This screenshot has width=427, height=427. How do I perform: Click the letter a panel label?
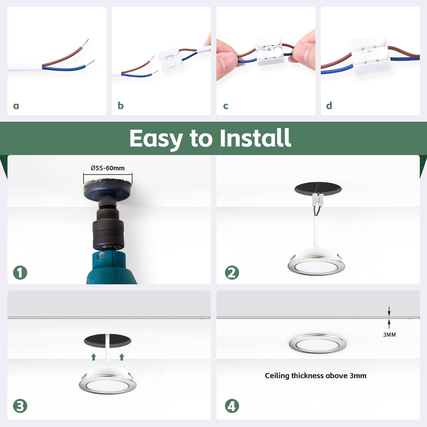coord(16,106)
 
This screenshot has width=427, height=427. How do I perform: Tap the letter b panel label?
coord(121,105)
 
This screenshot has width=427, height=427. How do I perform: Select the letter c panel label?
coord(226,106)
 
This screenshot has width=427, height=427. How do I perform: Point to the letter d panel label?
coord(329,105)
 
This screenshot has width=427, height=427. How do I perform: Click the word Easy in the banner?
coord(156,139)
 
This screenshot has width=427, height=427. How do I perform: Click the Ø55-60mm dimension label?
coord(108,168)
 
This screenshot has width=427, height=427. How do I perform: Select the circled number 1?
coord(20,272)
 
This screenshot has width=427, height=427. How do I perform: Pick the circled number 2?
coord(232,272)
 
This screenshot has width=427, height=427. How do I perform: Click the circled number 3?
coord(20,406)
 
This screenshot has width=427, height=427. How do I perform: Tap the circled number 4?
coord(232,406)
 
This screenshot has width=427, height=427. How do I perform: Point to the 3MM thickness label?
coord(389,335)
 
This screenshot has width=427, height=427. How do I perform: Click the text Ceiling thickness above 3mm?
coord(315,375)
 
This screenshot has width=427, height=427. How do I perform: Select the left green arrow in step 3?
coord(93,357)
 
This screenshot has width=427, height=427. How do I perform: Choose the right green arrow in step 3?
coord(122,357)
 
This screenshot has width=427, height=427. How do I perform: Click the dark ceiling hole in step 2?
coord(318,189)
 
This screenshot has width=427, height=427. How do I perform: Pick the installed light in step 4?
coord(318,344)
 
